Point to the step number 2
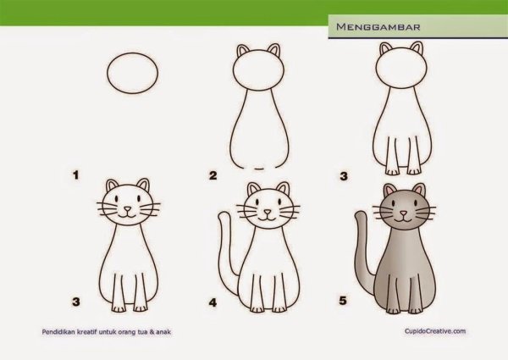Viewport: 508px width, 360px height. click(x=213, y=176)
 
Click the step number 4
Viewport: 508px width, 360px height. click(x=213, y=301)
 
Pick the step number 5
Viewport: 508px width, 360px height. click(x=342, y=300)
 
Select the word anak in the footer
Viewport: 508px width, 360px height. click(x=174, y=333)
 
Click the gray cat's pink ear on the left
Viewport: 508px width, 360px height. click(x=389, y=191)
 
